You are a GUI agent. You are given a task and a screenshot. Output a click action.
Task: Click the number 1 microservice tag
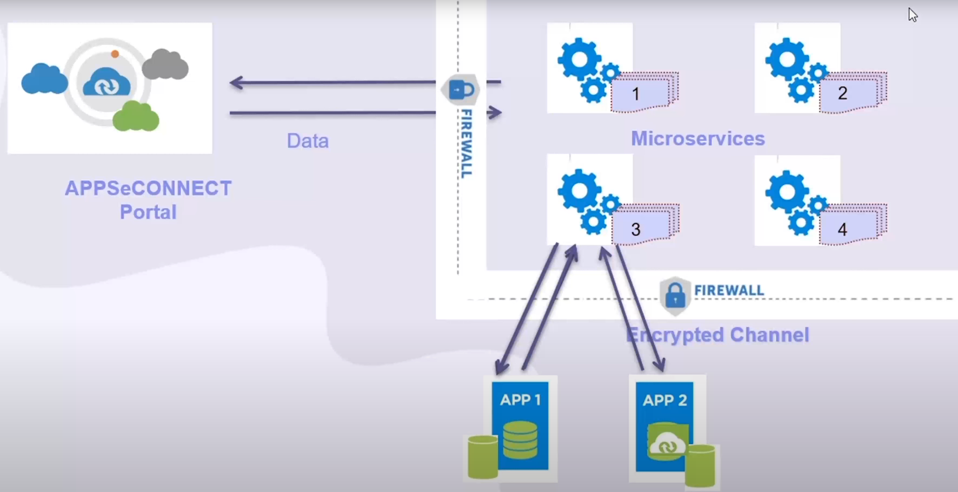coord(636,94)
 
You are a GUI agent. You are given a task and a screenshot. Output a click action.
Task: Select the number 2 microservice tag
coord(843,93)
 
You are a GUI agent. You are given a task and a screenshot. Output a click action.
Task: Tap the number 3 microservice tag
coord(636,229)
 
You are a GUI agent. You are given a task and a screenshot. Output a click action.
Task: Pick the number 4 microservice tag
coord(843,229)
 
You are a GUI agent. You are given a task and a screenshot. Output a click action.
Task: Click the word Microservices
coord(697,139)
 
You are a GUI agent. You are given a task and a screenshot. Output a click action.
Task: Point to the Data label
coord(308,141)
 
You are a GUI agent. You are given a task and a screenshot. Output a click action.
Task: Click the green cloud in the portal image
coord(136,116)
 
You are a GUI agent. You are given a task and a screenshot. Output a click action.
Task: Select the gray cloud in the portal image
coord(165,65)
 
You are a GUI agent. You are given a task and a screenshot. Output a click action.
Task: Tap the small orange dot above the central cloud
coord(115,54)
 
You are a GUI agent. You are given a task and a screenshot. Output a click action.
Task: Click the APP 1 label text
coord(520,400)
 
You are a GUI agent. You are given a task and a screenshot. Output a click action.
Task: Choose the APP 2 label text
coord(665,401)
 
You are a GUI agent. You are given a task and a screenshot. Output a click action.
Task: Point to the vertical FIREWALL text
coord(466,143)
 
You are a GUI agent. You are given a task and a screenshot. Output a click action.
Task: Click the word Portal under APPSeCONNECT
coord(148,212)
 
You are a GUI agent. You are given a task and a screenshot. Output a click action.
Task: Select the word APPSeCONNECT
coord(148,189)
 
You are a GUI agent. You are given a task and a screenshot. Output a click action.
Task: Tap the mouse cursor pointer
coord(913,15)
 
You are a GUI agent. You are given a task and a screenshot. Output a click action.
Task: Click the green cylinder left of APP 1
coord(482,457)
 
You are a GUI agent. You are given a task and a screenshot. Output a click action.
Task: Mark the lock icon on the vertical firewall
coord(461,89)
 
